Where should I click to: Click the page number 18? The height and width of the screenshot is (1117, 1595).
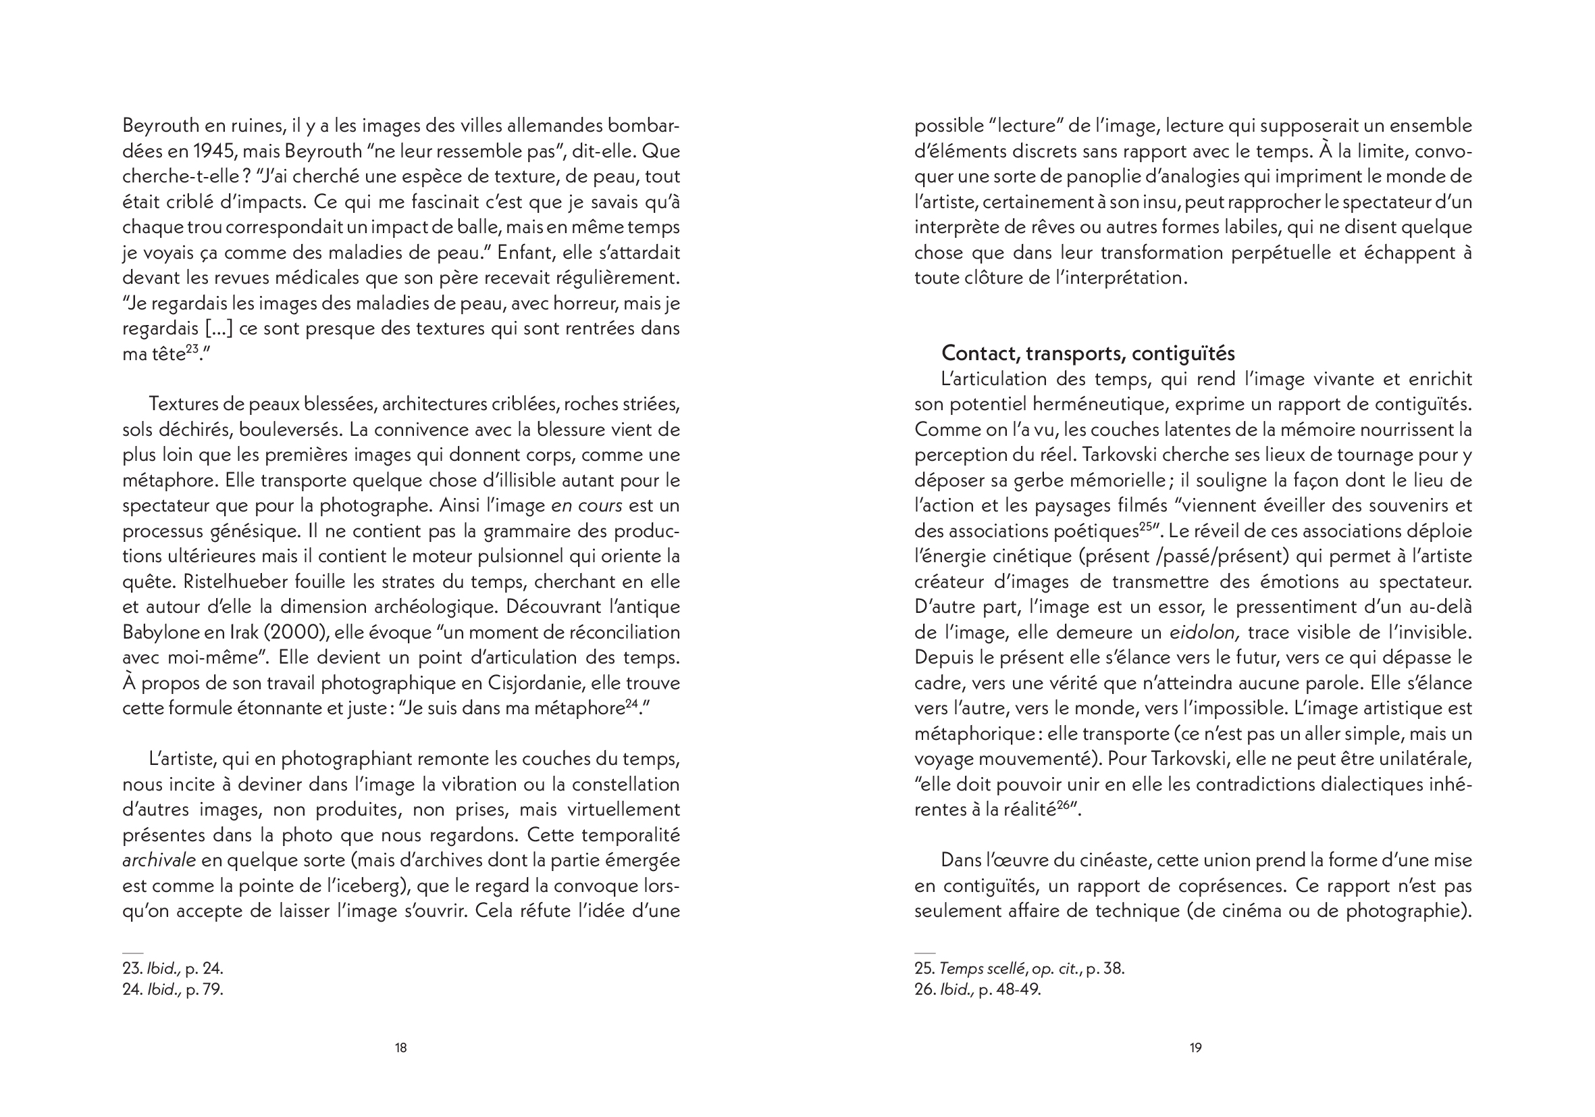[x=401, y=1047]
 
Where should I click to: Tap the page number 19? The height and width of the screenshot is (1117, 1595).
[x=1195, y=1047]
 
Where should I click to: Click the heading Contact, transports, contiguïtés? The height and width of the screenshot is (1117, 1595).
[x=1088, y=354]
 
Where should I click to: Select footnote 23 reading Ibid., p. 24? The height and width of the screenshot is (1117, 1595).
[x=173, y=968]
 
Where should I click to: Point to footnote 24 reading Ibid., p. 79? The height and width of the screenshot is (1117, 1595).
[x=173, y=989]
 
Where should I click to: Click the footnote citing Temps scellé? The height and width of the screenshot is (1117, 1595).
[x=1019, y=968]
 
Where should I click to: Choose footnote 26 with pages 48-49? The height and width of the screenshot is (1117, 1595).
[x=977, y=989]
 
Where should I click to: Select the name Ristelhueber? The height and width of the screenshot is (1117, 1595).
[x=185, y=582]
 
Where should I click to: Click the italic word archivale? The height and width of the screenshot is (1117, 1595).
[x=159, y=860]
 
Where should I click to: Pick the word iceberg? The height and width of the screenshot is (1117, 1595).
[x=359, y=886]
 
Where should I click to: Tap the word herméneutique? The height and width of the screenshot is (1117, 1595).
[x=1084, y=405]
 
